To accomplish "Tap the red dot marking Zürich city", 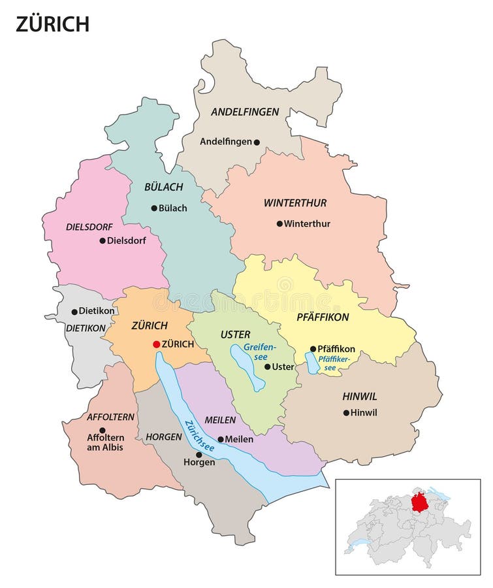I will (x=156, y=344).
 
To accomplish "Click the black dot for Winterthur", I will (x=279, y=223).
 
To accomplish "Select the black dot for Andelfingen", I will (x=257, y=142).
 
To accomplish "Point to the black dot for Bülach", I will (x=154, y=208).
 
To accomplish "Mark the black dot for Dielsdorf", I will (x=103, y=240).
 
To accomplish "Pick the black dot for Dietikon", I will (x=74, y=312).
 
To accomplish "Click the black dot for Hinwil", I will (x=345, y=412).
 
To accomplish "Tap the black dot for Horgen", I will (x=199, y=454).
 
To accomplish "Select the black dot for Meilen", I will (x=221, y=439).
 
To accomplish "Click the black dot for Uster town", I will (x=267, y=367).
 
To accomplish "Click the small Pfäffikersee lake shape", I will (x=313, y=363).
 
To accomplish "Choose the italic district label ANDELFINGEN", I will (x=245, y=112).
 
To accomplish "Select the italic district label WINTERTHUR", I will (x=295, y=203).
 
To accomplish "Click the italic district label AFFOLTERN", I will (x=110, y=416).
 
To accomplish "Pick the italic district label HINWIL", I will (x=360, y=397).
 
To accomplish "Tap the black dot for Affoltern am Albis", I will (x=102, y=430).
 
